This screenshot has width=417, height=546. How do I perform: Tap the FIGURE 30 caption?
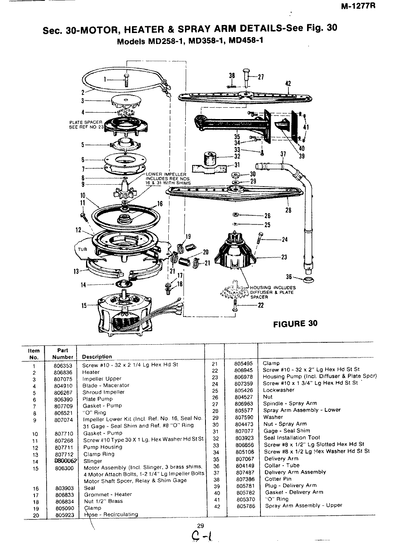pyautogui.click(x=295, y=323)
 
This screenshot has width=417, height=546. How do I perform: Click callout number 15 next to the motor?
pyautogui.click(x=84, y=306)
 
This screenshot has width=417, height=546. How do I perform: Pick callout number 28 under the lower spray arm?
pyautogui.click(x=288, y=210)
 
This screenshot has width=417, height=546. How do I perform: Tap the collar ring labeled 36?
pyautogui.click(x=309, y=280)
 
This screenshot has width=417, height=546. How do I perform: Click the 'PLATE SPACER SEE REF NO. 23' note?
pyautogui.click(x=85, y=125)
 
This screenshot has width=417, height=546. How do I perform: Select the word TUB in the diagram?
pyautogui.click(x=83, y=249)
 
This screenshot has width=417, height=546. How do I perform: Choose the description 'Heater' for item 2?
pyautogui.click(x=91, y=372)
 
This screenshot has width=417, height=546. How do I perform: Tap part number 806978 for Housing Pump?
pyautogui.click(x=244, y=376)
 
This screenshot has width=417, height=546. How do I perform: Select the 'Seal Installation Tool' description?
pyautogui.click(x=292, y=437)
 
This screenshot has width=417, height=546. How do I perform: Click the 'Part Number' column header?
pyautogui.click(x=63, y=353)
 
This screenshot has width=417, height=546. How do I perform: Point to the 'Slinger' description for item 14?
pyautogui.click(x=92, y=461)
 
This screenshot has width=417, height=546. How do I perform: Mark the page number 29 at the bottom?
pyautogui.click(x=201, y=525)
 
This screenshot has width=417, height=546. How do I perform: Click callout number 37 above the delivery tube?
pyautogui.click(x=283, y=154)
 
